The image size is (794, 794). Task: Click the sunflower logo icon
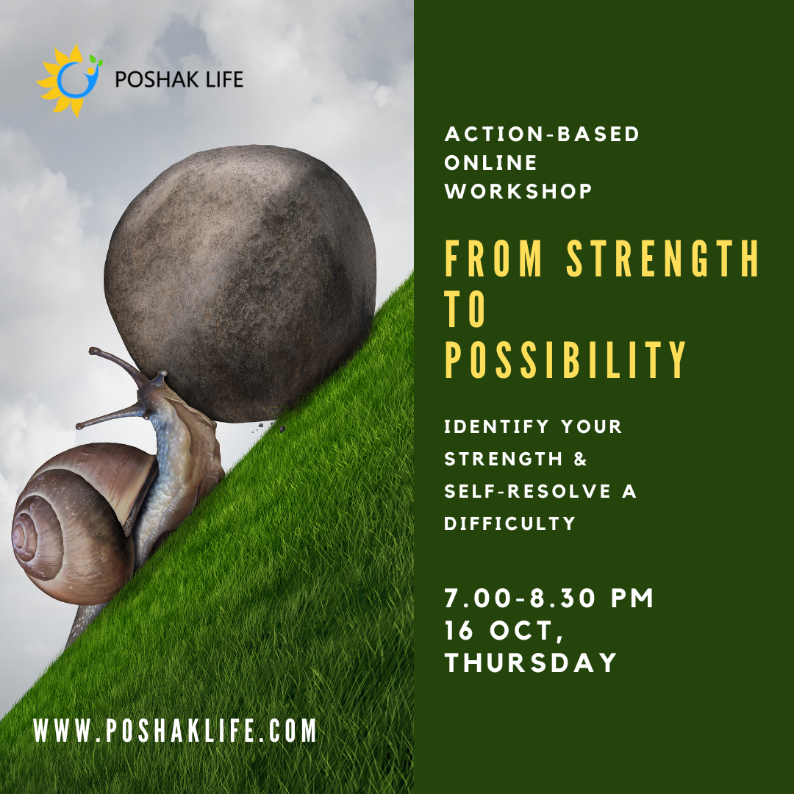(69, 80)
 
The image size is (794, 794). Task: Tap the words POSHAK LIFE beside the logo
(179, 79)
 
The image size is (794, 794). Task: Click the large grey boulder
(240, 283)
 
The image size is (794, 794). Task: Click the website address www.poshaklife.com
(175, 730)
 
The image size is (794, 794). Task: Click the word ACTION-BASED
(543, 135)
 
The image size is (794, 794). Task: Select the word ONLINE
(490, 162)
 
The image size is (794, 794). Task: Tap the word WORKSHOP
(518, 191)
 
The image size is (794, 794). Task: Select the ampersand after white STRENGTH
(580, 459)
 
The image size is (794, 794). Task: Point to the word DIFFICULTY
(510, 523)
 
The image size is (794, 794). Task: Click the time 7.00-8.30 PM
(549, 598)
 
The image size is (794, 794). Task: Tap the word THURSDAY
(531, 662)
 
